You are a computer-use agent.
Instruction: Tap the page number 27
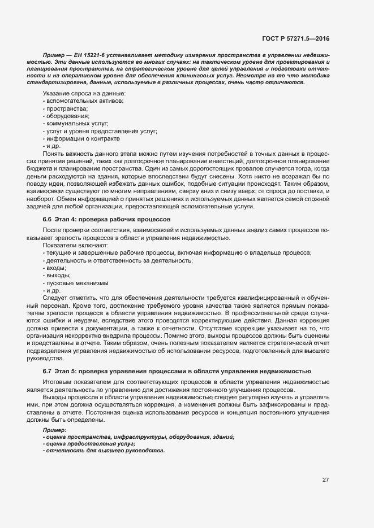[326, 480]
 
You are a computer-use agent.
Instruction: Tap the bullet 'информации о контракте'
[83, 138]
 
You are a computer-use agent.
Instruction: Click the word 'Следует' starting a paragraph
[54, 298]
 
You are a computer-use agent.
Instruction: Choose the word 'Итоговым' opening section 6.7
[57, 382]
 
